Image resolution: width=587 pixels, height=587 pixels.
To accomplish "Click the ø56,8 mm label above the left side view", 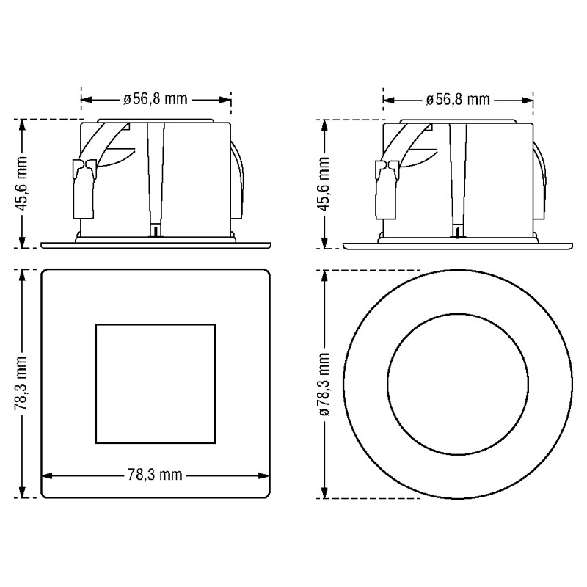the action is pos(156,100).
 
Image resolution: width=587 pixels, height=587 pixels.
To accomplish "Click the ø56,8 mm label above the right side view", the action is pos(457,100).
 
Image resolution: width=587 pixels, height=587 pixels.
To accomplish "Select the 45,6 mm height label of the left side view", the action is pos(22,183).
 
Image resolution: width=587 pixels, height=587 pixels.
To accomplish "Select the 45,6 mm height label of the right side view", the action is pos(324,184).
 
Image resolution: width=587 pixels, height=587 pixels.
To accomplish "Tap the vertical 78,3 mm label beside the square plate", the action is pos(22,383).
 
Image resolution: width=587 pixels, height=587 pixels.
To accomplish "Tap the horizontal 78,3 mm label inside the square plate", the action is pos(155,475).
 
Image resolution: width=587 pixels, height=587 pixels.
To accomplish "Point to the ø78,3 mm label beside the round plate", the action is pos(324,384).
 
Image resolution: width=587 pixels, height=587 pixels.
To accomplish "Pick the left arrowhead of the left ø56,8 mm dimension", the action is pos(87,100).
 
